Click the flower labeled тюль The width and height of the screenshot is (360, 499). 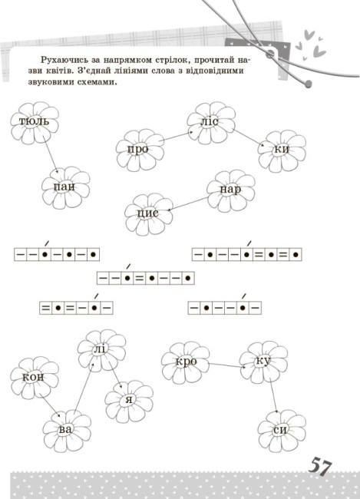(35, 123)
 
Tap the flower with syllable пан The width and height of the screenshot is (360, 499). (66, 187)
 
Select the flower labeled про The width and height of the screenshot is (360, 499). (140, 150)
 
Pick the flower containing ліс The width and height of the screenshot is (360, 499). (211, 123)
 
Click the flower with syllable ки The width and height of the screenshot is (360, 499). (282, 150)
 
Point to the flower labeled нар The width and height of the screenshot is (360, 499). (231, 190)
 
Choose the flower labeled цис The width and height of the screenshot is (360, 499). (149, 214)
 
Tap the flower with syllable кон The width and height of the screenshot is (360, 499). (35, 378)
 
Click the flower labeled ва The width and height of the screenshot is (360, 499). (67, 431)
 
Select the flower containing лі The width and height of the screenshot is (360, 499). (102, 351)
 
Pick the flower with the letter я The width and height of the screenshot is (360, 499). (129, 402)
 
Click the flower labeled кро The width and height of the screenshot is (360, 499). (186, 363)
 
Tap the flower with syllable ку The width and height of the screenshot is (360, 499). (264, 362)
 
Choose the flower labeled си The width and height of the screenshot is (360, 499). (282, 431)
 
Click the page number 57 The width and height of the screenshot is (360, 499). (320, 468)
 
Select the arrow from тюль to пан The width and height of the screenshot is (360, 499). (51, 155)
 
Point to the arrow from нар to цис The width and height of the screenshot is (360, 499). (187, 204)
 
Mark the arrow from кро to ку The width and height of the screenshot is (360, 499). (227, 365)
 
